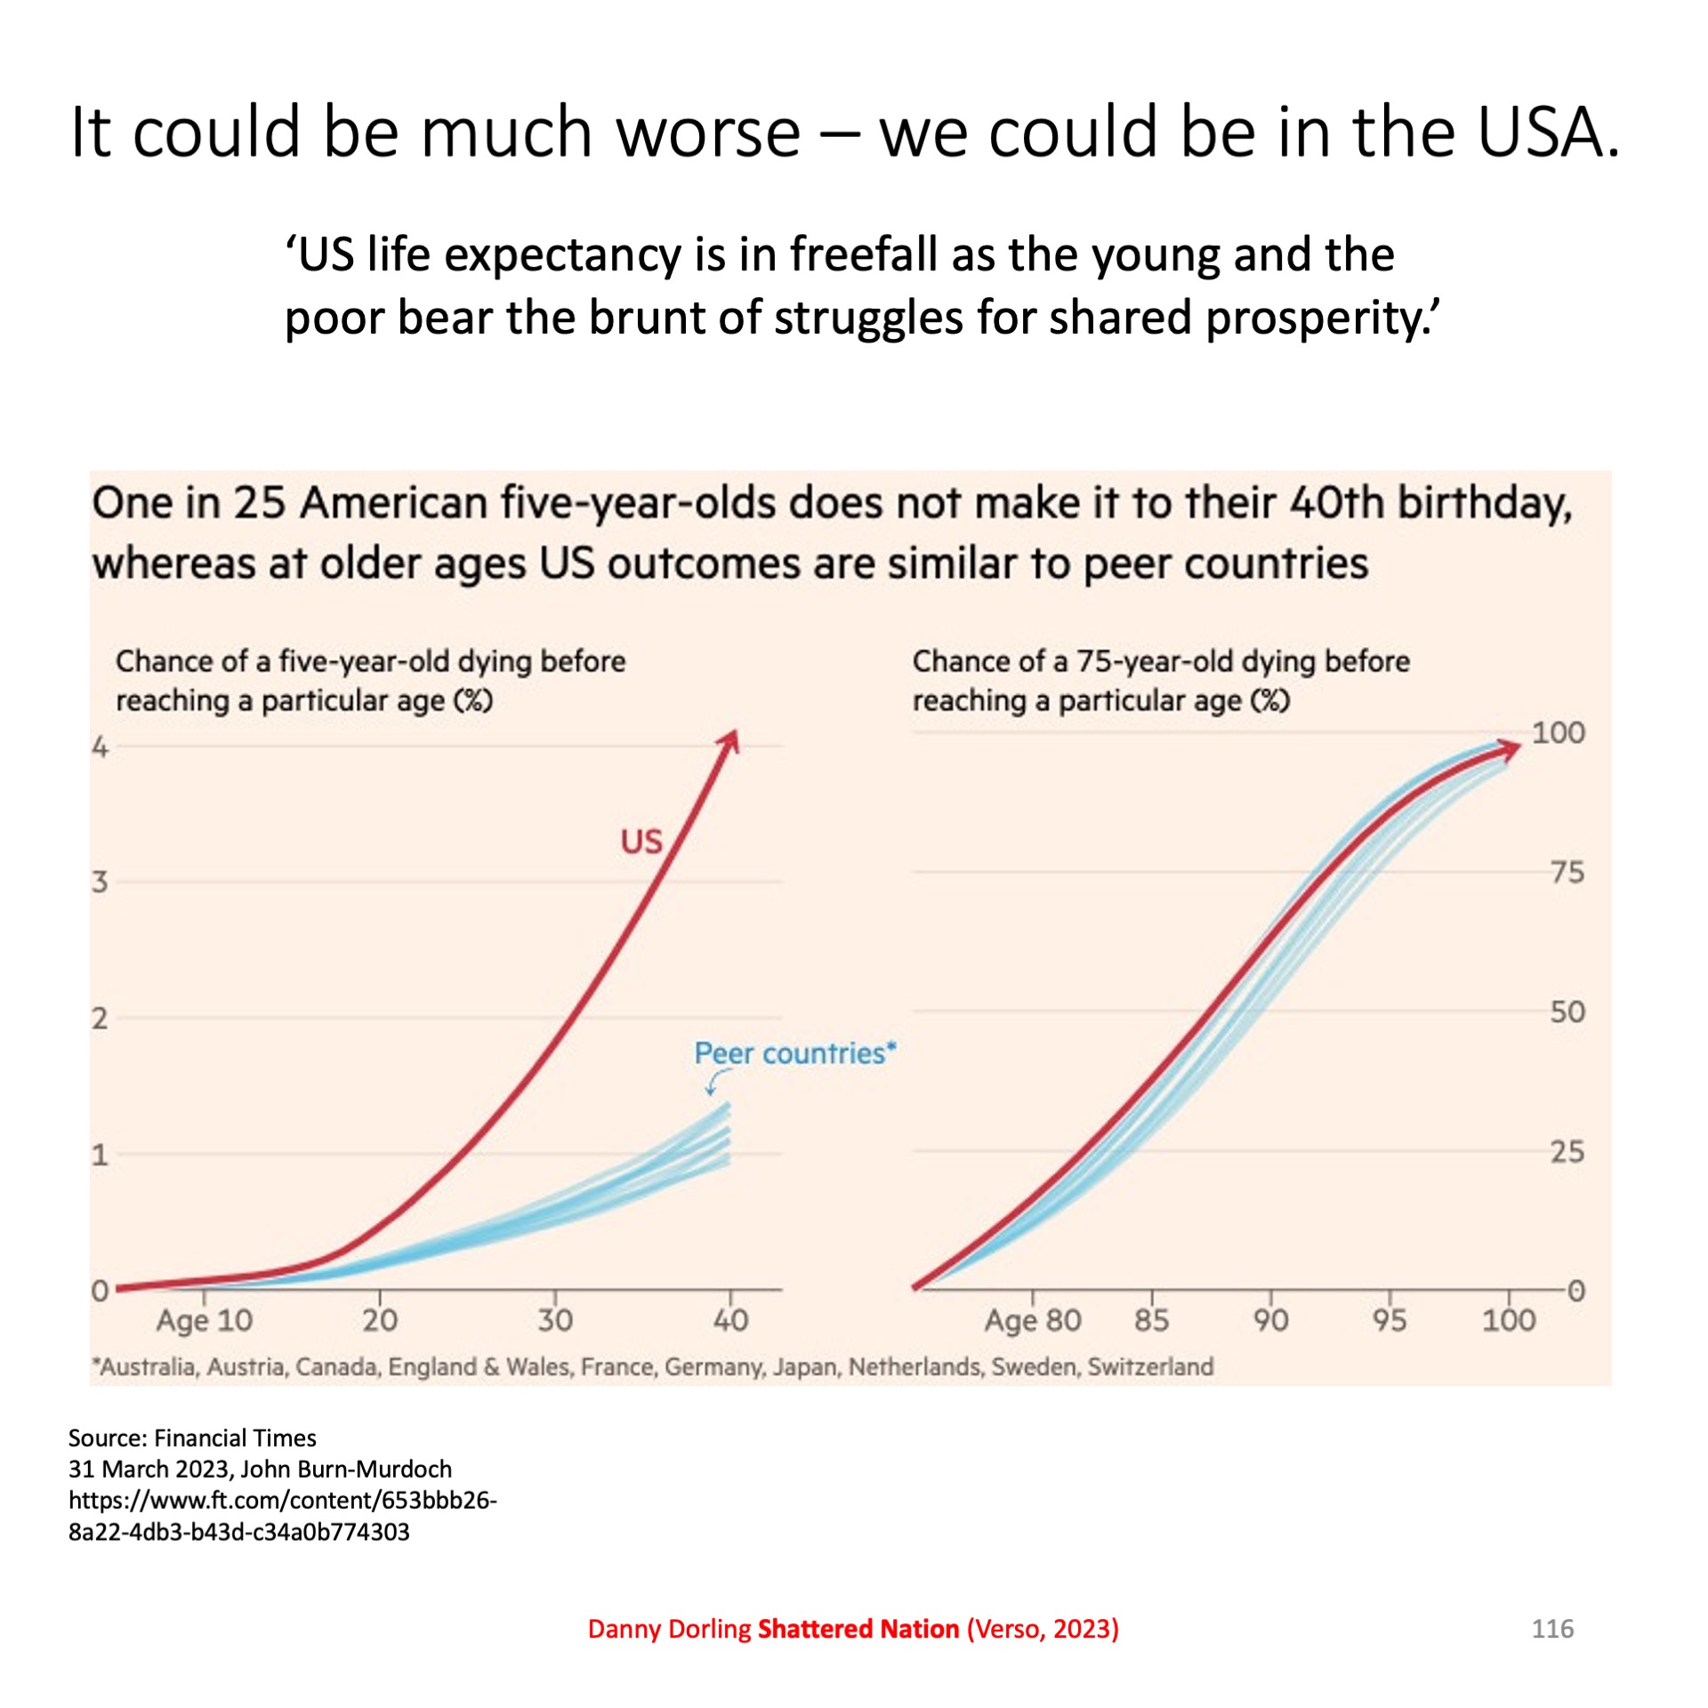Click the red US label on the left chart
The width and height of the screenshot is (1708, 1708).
[x=641, y=842]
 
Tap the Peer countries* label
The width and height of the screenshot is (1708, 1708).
[x=794, y=1053]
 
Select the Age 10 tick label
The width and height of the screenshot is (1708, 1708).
[x=205, y=1320]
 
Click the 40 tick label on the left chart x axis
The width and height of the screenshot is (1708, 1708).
[x=730, y=1319]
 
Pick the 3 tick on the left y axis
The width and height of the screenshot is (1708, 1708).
[x=100, y=882]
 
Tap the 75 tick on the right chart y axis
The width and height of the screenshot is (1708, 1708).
[x=1567, y=873]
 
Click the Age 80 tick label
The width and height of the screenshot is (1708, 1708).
[x=1032, y=1320]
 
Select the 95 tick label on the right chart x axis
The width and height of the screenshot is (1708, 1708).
[x=1389, y=1320]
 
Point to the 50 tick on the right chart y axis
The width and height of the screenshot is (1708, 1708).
[x=1567, y=1012]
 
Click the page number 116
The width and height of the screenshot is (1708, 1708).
[x=1552, y=1629]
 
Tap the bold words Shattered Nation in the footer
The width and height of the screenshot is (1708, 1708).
[x=858, y=1629]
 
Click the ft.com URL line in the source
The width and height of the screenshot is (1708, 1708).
[x=282, y=1500]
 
